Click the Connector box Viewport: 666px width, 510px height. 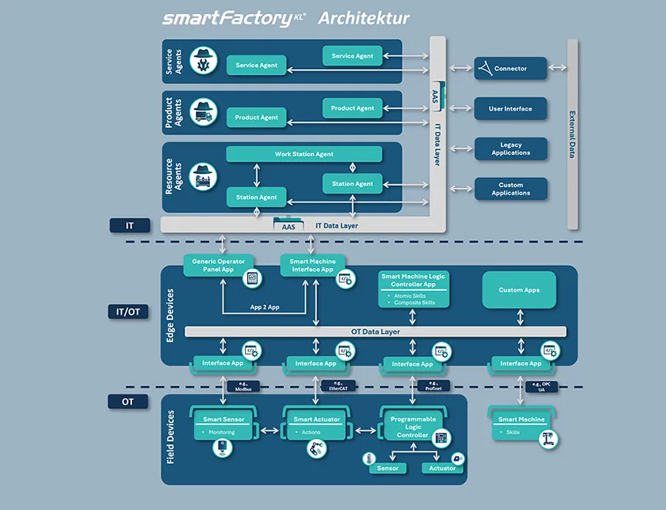511,69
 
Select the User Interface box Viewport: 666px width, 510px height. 511,108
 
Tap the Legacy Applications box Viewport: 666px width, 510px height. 511,149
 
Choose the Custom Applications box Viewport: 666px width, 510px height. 511,189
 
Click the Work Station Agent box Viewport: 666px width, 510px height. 304,154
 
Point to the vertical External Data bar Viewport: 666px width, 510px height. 572,134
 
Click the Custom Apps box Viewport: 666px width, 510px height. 519,290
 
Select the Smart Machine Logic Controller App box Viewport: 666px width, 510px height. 413,288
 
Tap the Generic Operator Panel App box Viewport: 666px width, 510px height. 219,265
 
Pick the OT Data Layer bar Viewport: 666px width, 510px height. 376,332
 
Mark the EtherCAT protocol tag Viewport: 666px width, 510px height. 339,385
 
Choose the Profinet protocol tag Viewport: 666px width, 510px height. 433,385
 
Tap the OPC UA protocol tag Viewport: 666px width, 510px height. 542,385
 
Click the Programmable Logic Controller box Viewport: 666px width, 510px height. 413,427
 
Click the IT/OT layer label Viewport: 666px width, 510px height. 128,312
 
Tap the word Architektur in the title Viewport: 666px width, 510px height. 364,18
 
